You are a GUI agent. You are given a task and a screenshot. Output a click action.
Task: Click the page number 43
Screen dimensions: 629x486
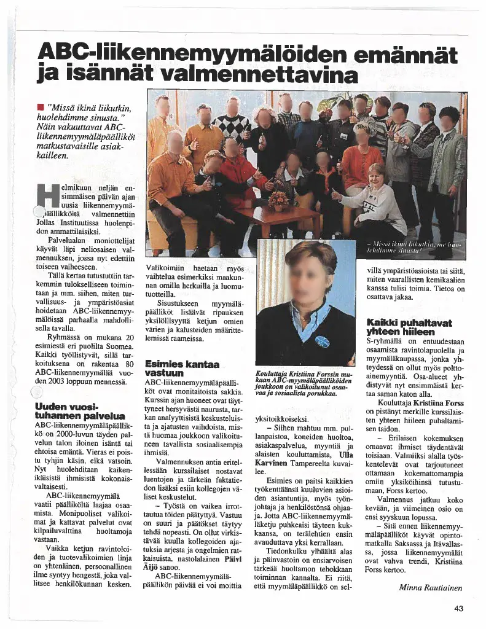point(458,609)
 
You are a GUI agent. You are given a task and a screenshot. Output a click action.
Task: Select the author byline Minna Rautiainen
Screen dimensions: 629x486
point(431,587)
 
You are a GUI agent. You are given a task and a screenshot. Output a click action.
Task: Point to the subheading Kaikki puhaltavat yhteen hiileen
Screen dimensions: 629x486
point(409,327)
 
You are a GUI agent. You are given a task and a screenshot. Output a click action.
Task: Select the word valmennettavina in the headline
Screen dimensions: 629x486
point(258,76)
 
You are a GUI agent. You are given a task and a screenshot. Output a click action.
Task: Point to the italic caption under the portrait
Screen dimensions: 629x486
point(304,383)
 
